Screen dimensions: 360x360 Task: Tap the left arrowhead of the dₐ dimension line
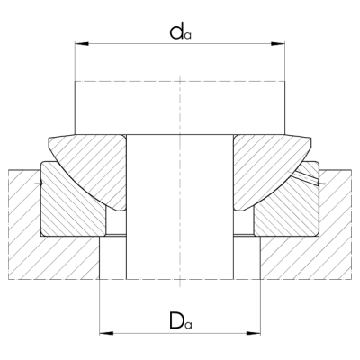click(78, 42)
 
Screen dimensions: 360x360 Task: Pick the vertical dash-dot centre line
click(180, 108)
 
